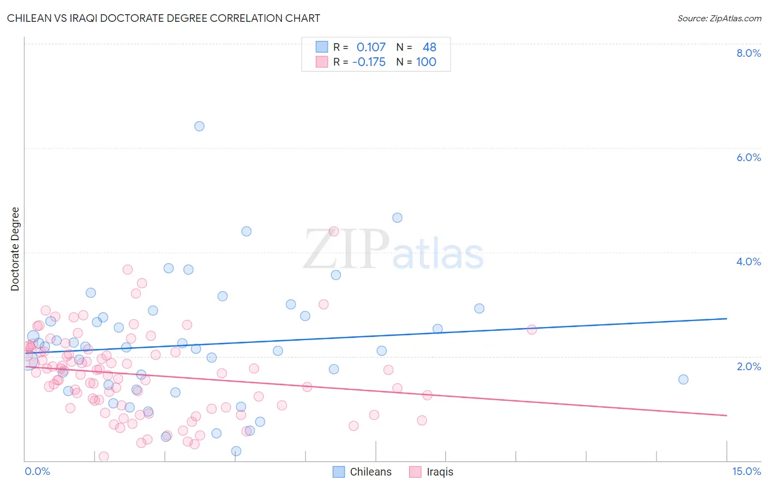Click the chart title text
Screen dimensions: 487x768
163,18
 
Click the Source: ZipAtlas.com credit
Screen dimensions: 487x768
719,18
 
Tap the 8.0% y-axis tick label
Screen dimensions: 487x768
748,53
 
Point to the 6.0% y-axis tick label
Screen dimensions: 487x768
748,157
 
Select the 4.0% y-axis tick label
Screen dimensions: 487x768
748,262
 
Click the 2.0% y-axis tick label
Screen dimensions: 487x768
748,366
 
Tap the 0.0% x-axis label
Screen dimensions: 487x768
37,471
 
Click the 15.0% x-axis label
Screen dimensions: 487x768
746,471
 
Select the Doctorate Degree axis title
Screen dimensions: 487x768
15,249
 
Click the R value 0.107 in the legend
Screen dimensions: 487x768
371,47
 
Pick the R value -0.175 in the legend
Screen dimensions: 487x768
369,62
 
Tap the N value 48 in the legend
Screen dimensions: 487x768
429,47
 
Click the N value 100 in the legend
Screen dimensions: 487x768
426,62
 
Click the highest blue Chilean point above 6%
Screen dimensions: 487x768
199,126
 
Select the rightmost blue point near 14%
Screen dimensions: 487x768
683,379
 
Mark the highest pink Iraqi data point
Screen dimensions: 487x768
334,231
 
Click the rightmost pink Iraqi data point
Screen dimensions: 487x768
531,329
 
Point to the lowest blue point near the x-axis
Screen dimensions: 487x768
236,451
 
